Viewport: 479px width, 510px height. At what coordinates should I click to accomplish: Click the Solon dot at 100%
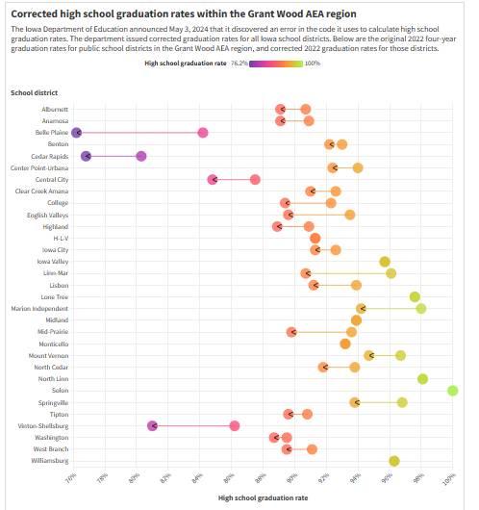click(453, 391)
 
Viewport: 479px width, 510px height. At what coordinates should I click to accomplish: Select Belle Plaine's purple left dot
click(76, 133)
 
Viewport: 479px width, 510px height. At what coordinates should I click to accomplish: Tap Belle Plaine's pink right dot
click(203, 133)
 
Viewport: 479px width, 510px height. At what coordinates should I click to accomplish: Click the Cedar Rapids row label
click(50, 157)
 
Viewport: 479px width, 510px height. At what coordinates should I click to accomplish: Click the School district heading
click(34, 92)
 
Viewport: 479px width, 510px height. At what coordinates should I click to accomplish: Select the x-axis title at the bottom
click(263, 497)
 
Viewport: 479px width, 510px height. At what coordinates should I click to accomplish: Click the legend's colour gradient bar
click(276, 64)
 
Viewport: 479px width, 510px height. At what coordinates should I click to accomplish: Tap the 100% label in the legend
click(313, 64)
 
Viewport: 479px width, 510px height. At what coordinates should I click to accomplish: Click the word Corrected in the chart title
click(35, 14)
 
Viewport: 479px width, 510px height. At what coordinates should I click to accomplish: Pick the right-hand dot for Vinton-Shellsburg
click(235, 425)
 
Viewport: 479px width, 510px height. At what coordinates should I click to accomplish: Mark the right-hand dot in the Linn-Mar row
click(391, 273)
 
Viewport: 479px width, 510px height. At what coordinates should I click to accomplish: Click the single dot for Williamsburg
click(394, 461)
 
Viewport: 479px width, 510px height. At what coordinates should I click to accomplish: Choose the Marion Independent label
click(39, 309)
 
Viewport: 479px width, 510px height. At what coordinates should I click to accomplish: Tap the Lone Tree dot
click(415, 296)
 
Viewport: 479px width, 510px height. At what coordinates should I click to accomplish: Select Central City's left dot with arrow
click(213, 180)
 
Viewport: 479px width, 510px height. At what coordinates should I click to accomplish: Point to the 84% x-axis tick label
click(198, 478)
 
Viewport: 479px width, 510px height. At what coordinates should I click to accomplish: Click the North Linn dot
click(422, 378)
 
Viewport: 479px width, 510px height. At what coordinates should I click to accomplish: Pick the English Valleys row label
click(48, 216)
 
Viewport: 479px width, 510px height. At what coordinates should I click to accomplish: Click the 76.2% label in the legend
click(239, 64)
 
